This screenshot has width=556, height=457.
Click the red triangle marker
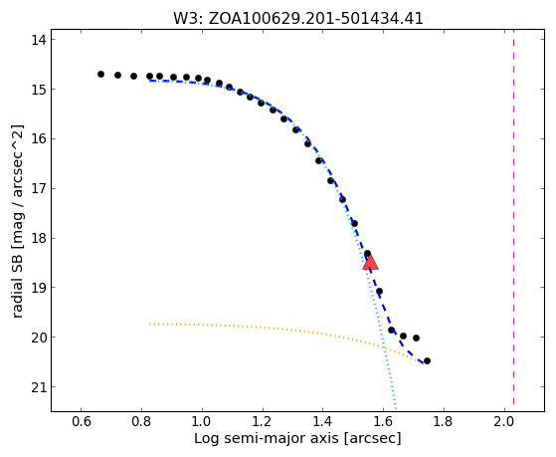[x=371, y=263]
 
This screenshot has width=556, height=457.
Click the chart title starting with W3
[x=297, y=18]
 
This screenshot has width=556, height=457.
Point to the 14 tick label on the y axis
[x=38, y=40]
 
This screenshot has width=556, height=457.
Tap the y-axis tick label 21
[x=38, y=387]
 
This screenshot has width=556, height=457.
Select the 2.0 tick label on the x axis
[x=503, y=421]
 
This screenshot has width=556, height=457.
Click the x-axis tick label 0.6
[x=81, y=421]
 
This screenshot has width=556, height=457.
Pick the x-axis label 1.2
[x=262, y=421]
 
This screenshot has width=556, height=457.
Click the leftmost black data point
[x=100, y=75]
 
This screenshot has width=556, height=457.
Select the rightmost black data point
[x=427, y=360]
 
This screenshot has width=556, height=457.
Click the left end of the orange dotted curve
[x=150, y=324]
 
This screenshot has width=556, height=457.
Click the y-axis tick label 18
[x=38, y=238]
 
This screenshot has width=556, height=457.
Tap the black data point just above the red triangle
[x=367, y=254]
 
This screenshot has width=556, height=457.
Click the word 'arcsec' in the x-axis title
[x=373, y=439]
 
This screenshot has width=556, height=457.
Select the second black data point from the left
[x=117, y=75]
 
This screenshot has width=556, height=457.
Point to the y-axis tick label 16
[x=38, y=138]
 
